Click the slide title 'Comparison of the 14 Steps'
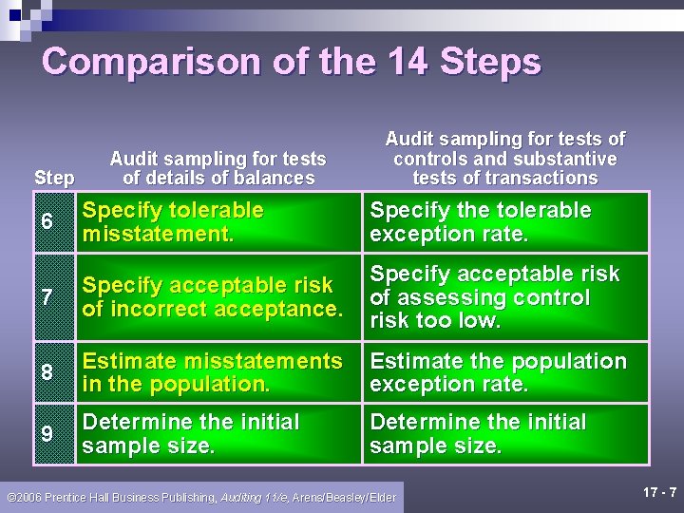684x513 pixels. click(x=292, y=62)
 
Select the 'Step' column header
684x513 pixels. click(x=54, y=178)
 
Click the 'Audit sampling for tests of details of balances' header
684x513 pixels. click(x=218, y=168)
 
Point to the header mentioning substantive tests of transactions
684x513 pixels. click(x=504, y=159)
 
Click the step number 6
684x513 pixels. click(x=47, y=221)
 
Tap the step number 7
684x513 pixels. click(x=47, y=297)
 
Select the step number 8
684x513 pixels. click(x=47, y=372)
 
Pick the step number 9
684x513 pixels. click(x=47, y=433)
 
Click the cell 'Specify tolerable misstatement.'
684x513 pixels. click(x=173, y=221)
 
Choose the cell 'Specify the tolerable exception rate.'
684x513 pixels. click(x=480, y=221)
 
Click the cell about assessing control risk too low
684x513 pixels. click(x=494, y=297)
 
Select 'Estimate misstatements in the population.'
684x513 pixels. click(x=213, y=372)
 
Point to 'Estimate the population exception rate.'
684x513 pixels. click(x=498, y=372)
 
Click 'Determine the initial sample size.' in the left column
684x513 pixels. click(x=190, y=433)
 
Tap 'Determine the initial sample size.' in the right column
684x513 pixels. click(x=478, y=433)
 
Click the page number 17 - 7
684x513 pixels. click(x=659, y=492)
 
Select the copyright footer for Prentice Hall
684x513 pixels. click(x=201, y=497)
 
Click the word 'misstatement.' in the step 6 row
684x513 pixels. click(x=158, y=234)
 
